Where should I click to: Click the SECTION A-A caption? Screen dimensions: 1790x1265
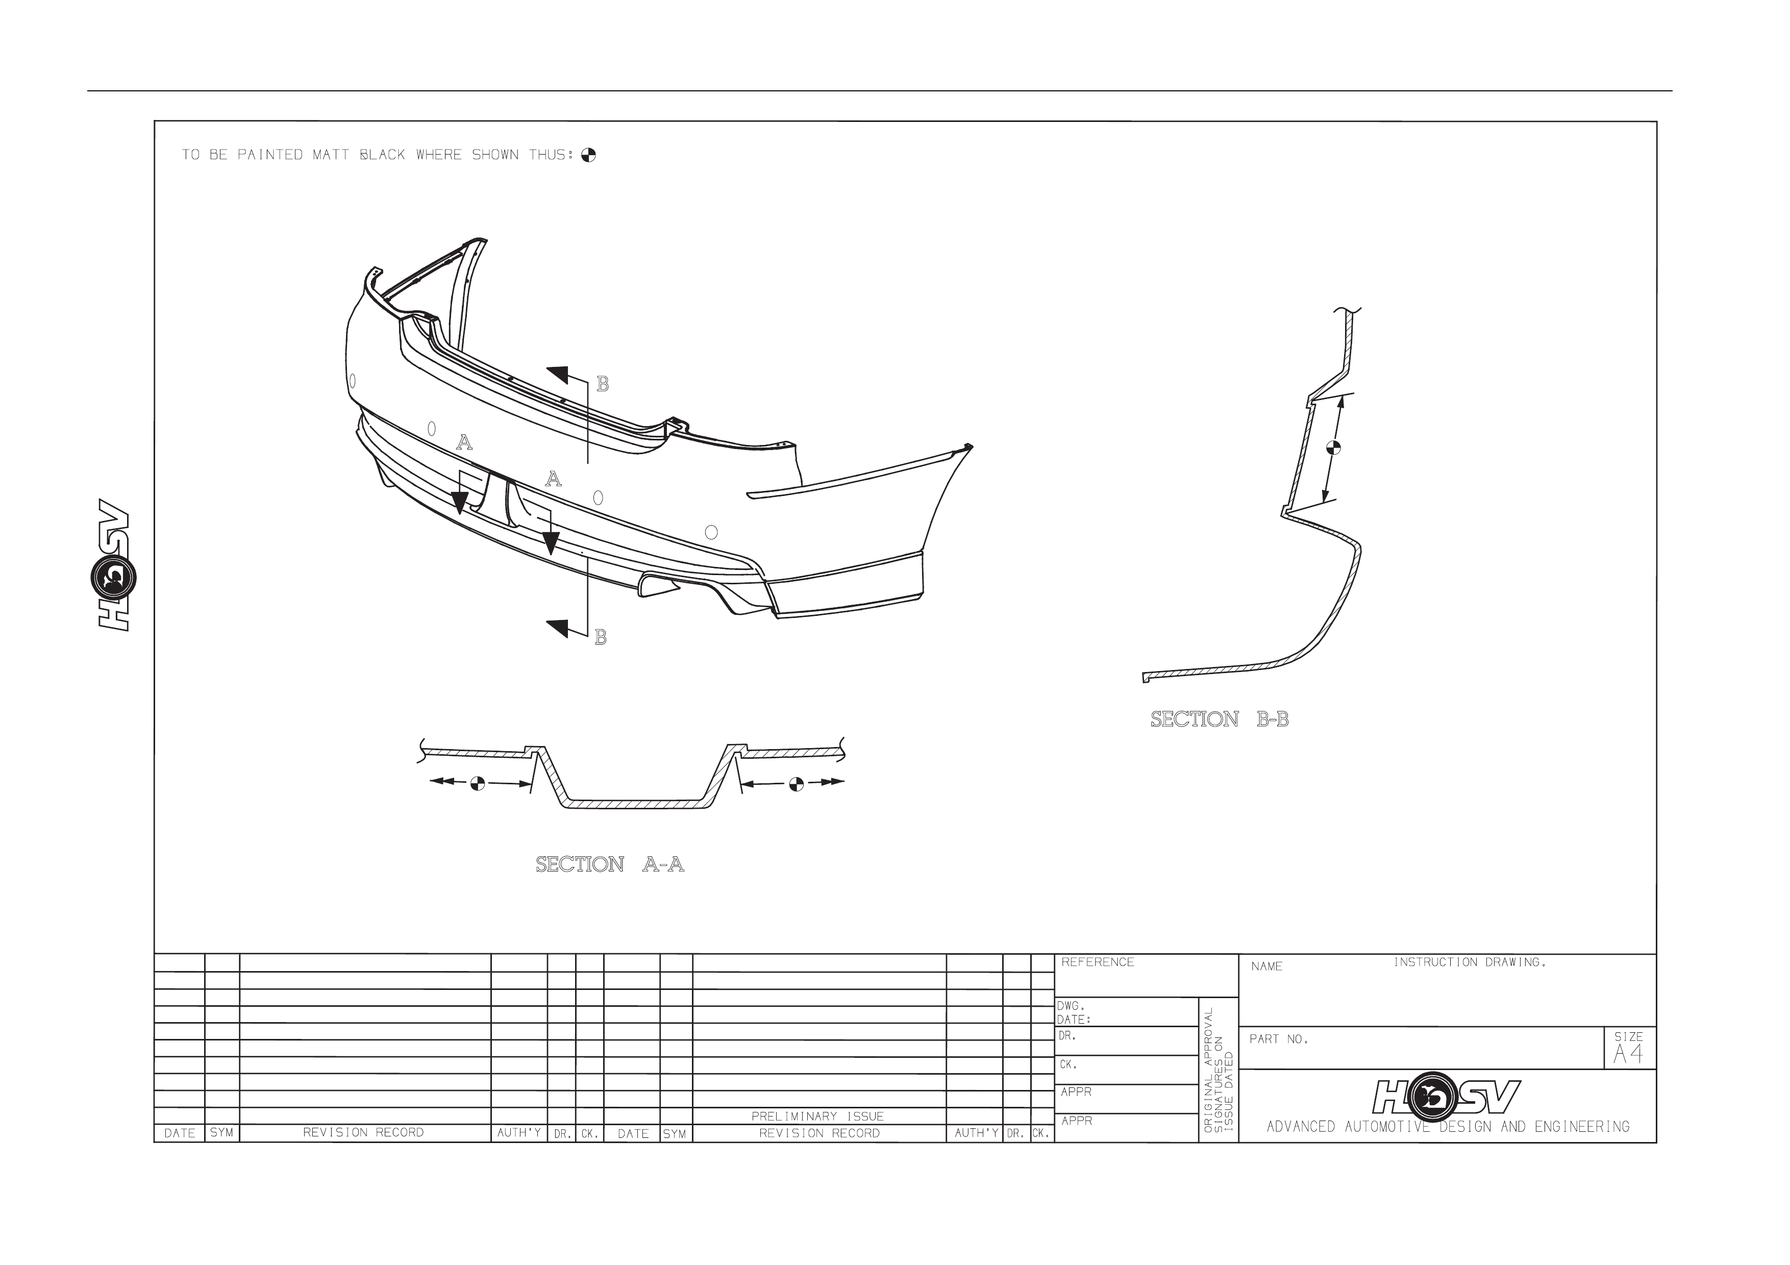[610, 864]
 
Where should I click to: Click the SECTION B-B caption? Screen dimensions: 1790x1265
[1220, 720]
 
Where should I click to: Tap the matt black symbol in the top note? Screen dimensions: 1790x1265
[589, 155]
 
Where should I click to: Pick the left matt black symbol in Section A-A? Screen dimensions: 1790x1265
[478, 783]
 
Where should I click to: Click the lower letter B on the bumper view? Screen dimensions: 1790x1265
[600, 637]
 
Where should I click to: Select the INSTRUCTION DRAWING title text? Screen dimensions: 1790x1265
[1470, 962]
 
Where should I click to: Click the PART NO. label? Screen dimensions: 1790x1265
[1279, 1040]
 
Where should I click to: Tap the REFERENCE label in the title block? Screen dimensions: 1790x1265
[1098, 962]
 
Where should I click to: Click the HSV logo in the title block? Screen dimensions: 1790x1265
[1446, 1097]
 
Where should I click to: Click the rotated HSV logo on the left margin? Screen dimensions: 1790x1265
[115, 564]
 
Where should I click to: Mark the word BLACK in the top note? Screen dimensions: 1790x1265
[383, 155]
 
